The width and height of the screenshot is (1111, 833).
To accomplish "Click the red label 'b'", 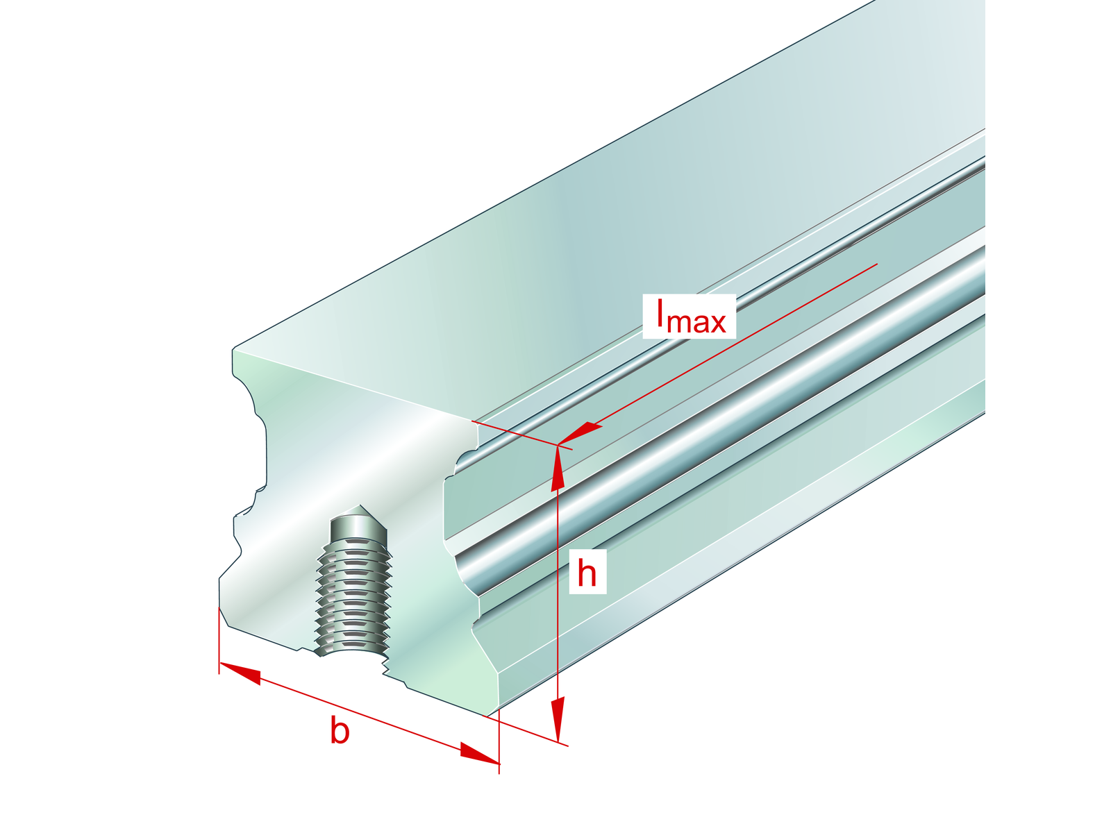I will (340, 732).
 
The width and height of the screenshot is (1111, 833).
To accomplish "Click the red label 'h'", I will (587, 573).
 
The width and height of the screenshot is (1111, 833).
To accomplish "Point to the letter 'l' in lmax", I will (661, 314).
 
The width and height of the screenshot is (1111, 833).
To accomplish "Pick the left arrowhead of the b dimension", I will (240, 673).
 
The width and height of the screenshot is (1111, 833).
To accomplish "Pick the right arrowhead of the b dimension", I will (479, 755).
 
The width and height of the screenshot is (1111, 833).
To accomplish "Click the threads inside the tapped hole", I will (353, 590).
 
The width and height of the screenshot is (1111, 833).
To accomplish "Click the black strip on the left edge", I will (62, 416).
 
